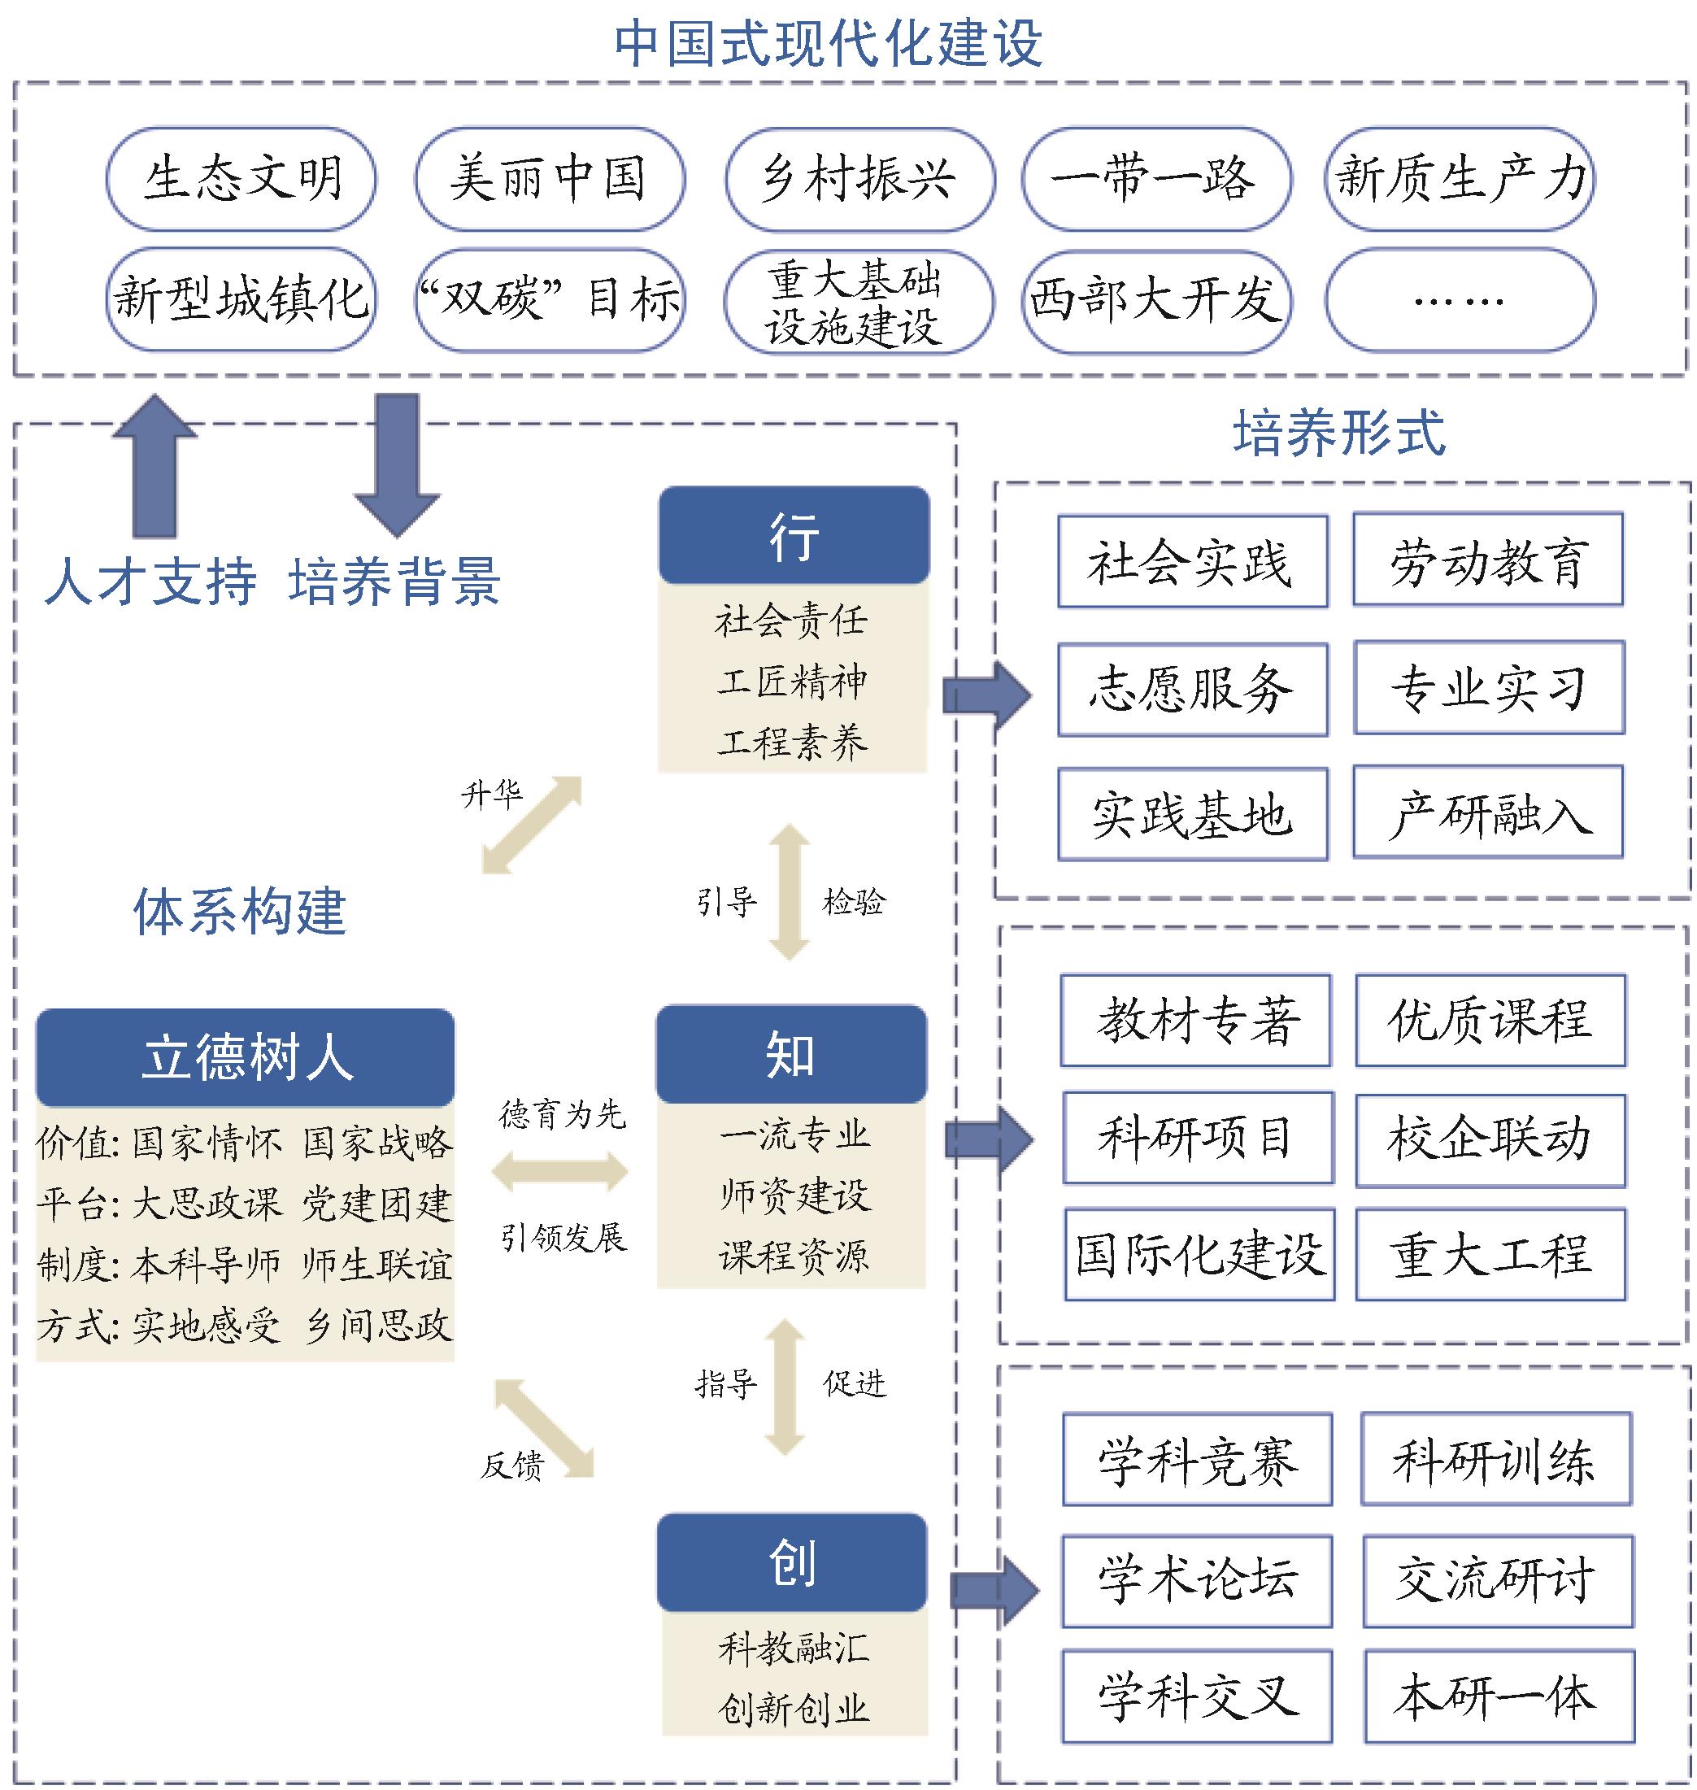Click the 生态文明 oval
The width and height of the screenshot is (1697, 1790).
coord(241,178)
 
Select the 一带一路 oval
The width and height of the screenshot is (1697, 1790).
coord(1155,178)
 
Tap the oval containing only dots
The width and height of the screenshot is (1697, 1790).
coord(1459,299)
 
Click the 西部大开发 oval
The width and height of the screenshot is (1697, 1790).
coord(1155,299)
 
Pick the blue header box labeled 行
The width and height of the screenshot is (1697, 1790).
coord(794,534)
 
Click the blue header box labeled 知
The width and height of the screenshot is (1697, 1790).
coord(791,1054)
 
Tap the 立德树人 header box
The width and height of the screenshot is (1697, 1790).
coord(245,1056)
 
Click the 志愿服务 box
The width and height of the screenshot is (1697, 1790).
coord(1192,689)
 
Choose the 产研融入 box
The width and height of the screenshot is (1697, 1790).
coord(1488,812)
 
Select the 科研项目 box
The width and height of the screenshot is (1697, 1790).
coord(1198,1137)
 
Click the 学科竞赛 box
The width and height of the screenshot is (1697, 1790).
coord(1197,1460)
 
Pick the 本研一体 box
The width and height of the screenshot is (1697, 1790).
coord(1498,1696)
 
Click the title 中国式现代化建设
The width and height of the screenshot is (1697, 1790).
coord(828,42)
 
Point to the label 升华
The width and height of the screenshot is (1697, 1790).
coord(491,794)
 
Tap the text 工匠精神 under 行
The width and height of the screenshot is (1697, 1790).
coord(793,681)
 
